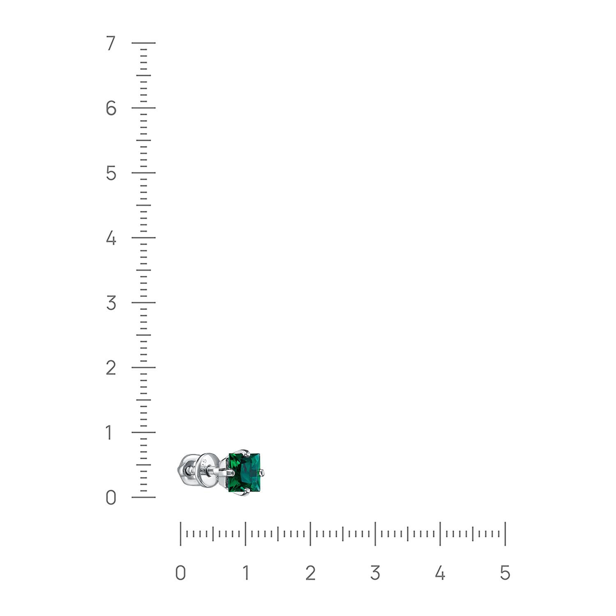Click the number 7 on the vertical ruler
coord(110,43)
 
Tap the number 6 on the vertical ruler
coord(111,108)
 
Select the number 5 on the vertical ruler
coord(111,173)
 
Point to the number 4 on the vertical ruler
coord(111,238)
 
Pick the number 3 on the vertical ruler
coord(111,303)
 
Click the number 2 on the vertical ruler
coord(111,368)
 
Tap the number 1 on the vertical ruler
coord(109,432)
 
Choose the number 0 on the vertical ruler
coord(111,497)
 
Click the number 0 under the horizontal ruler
coord(180,573)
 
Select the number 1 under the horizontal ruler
coord(246,573)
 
